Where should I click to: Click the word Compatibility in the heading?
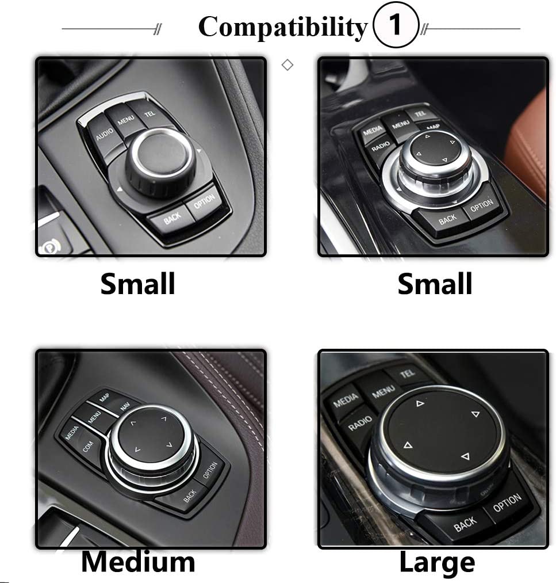coord(282,26)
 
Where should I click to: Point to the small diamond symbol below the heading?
coord(287,65)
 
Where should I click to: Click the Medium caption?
coord(137,562)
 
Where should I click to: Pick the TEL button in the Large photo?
coord(407,374)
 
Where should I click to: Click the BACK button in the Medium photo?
coord(190,494)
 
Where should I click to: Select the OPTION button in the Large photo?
coord(507,502)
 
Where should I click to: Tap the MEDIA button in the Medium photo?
coord(71,432)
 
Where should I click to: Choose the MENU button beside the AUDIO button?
coord(125,120)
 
